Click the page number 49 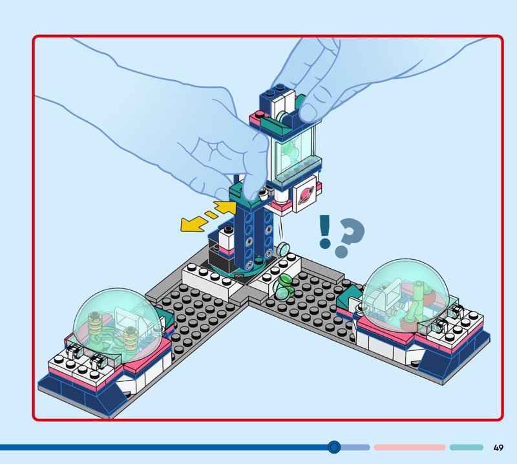(498, 447)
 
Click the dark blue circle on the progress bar (334, 447)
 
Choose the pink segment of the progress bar (410, 447)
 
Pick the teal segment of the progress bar (466, 447)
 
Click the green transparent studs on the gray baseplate (283, 287)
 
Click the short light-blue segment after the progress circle (355, 447)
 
